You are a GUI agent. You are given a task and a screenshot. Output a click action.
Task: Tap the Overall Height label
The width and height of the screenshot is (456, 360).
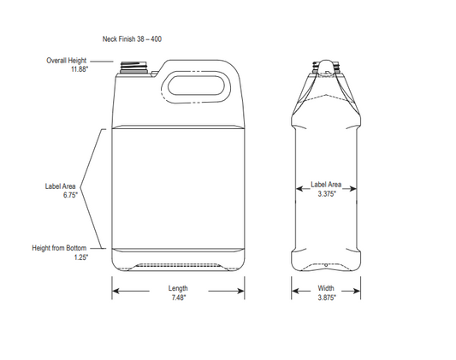(66, 61)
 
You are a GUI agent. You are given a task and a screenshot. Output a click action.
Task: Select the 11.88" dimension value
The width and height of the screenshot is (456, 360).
(79, 69)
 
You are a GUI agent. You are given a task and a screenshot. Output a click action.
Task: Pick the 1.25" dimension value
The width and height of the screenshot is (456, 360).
(80, 257)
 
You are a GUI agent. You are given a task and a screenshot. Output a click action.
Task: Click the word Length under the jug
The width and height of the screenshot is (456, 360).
(179, 288)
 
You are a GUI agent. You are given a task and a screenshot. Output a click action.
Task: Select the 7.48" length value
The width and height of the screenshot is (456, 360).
(179, 297)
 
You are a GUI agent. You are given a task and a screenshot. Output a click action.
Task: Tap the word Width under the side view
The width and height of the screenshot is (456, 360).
(327, 288)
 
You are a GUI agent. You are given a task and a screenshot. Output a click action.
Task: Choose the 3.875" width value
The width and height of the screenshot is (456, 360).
(327, 297)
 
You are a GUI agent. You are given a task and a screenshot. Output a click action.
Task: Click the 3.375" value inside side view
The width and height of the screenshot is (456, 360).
(327, 194)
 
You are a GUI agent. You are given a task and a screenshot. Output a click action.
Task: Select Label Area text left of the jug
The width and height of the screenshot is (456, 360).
(62, 186)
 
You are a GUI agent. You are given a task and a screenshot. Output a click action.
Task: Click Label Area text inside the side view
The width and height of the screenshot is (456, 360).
(327, 185)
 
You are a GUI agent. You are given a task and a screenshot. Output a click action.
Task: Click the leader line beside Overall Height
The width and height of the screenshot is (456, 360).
(101, 62)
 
